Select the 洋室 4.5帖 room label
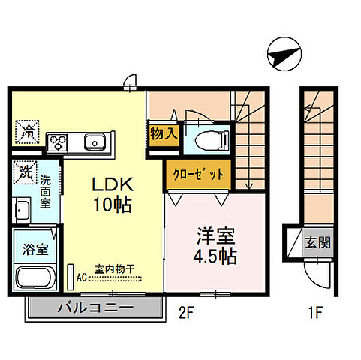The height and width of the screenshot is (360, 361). point(215,244)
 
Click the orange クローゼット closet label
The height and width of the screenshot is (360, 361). point(194,174)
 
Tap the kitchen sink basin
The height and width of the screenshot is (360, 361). point(95,141)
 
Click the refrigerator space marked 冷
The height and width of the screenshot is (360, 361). point(26,132)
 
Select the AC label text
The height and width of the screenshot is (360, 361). point(82,276)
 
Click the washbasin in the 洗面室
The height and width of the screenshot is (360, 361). point(22,209)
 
